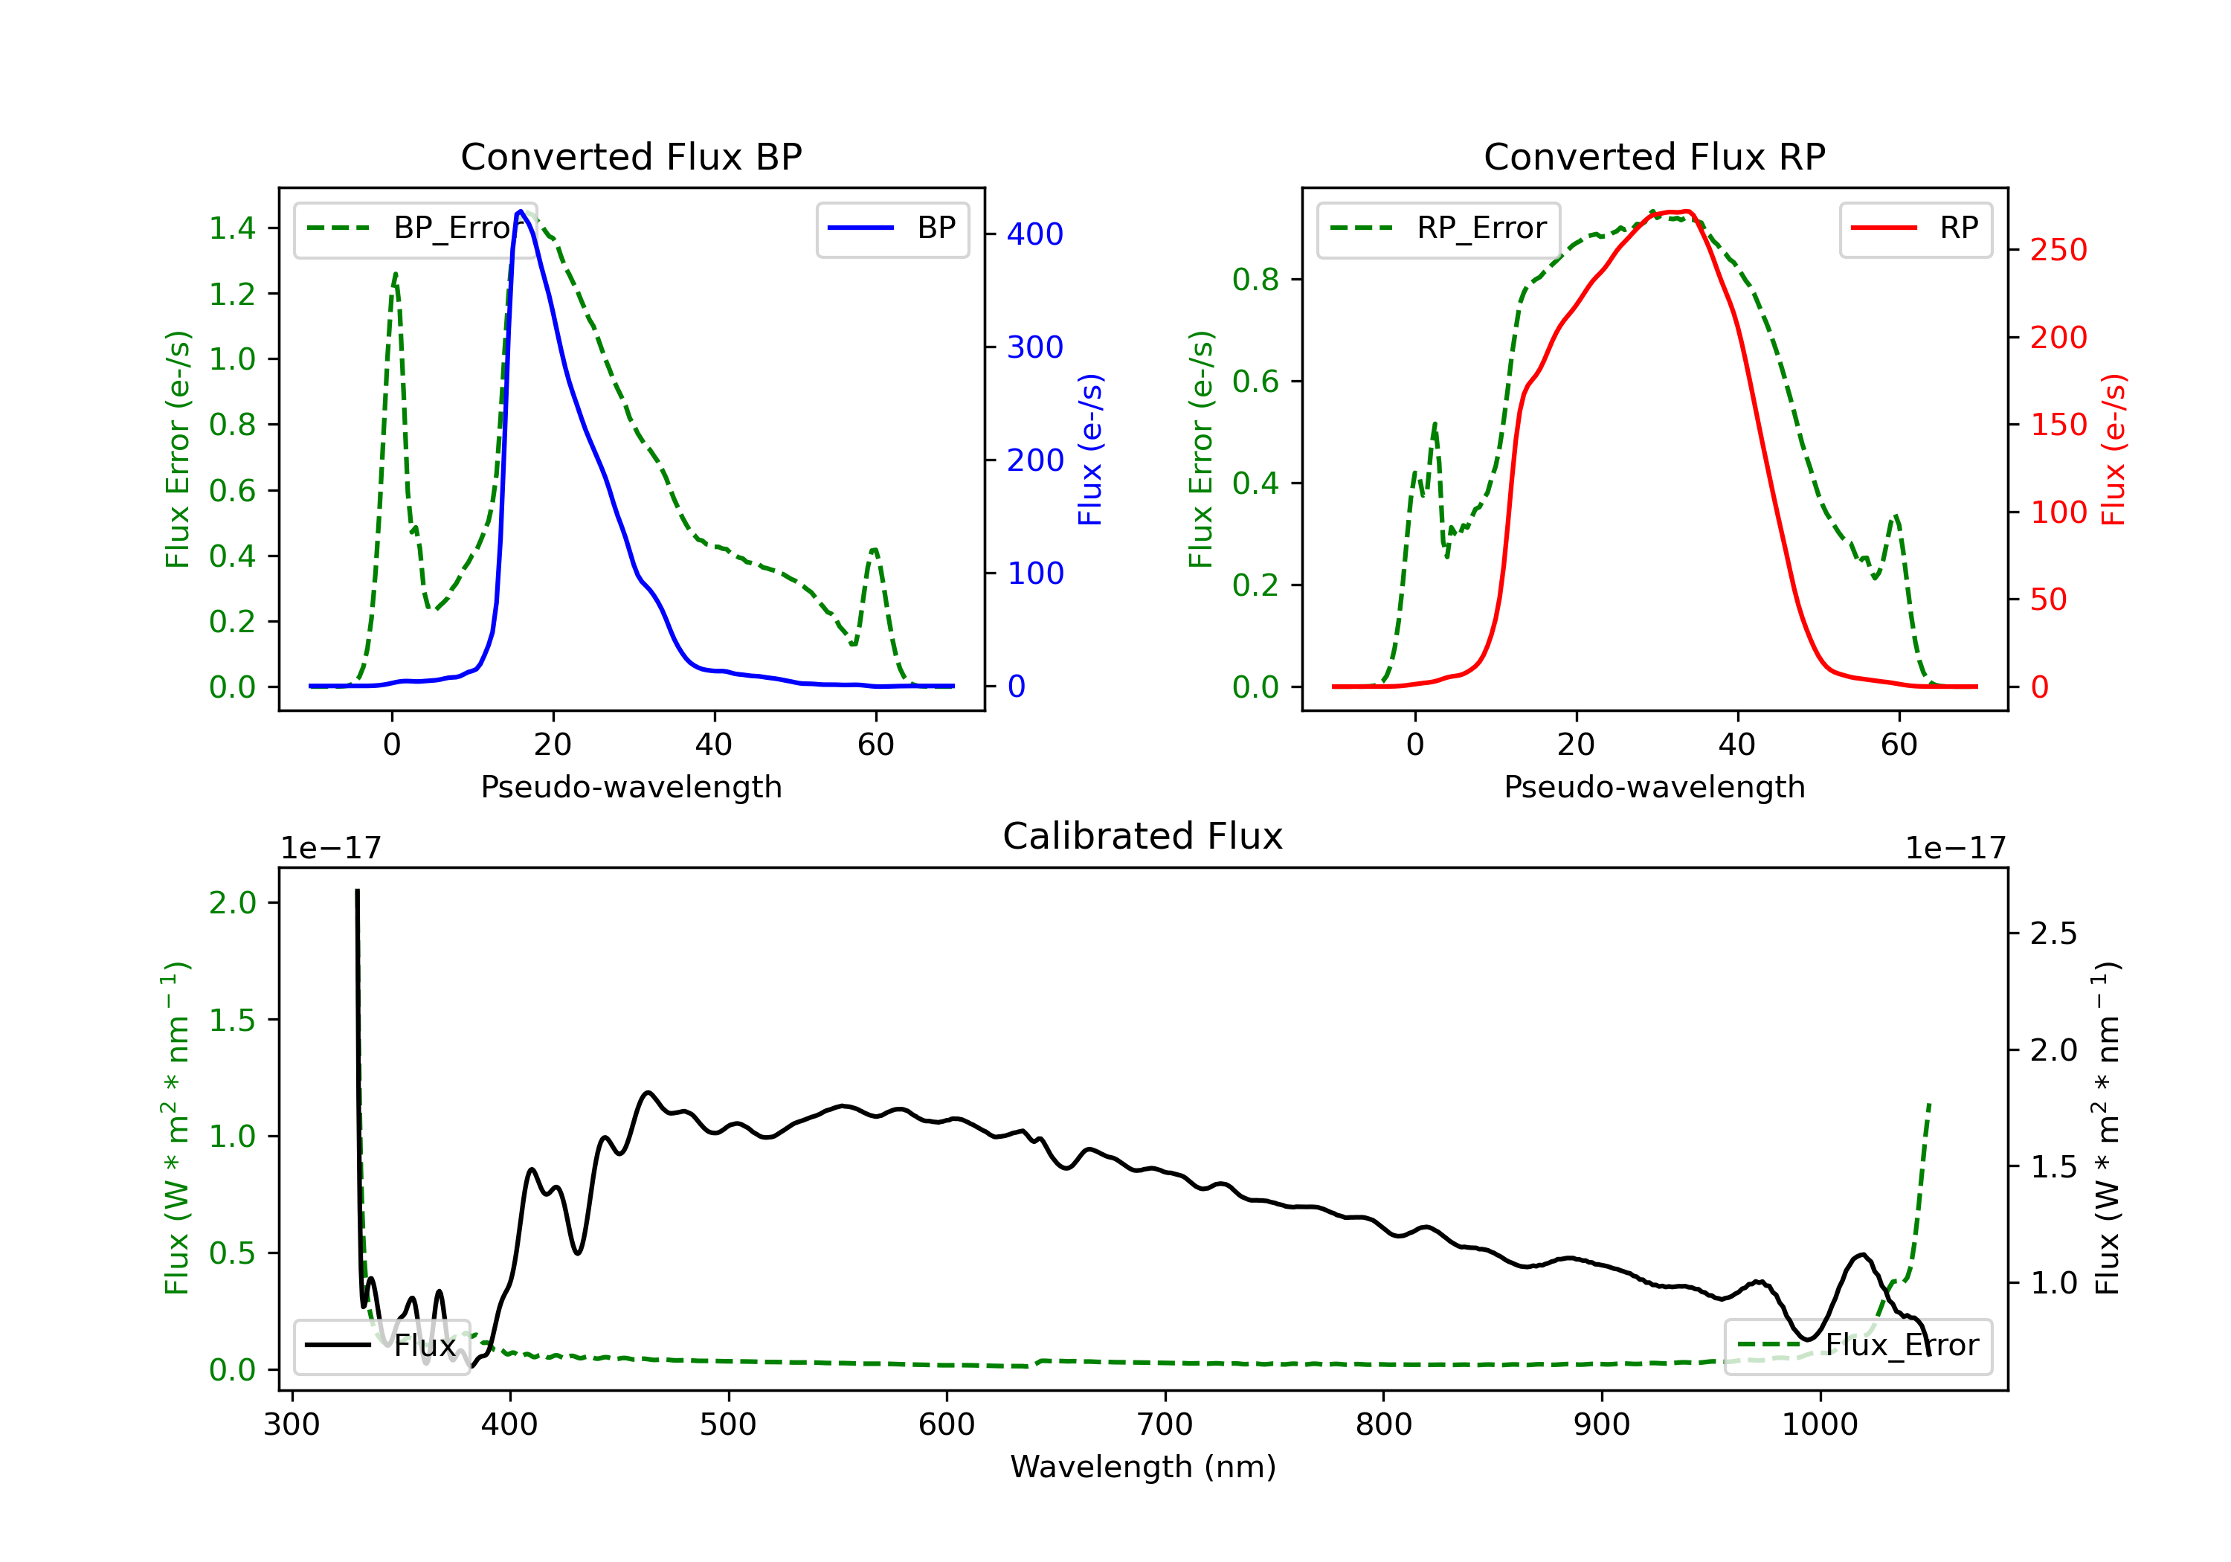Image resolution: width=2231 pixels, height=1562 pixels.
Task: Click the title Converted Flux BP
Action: click(x=631, y=156)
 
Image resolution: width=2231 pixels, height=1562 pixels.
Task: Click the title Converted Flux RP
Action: click(x=1654, y=156)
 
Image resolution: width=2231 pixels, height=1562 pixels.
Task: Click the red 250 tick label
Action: click(x=2058, y=251)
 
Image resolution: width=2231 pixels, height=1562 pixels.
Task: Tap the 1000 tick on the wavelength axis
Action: click(x=1819, y=1425)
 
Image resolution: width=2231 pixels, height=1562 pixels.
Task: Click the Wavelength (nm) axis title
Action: click(x=1143, y=1467)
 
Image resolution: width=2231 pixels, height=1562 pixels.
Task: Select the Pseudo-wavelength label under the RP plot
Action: click(x=1654, y=787)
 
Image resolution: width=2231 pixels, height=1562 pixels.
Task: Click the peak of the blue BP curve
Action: click(x=521, y=211)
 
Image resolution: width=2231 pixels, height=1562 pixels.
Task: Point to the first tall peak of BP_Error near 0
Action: click(x=394, y=274)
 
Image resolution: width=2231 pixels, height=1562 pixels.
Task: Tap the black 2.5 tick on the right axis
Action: click(x=2053, y=934)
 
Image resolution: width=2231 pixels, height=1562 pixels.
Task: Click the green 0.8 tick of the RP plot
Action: click(x=1255, y=280)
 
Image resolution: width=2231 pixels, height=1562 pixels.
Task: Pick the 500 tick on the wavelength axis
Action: click(x=728, y=1425)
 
